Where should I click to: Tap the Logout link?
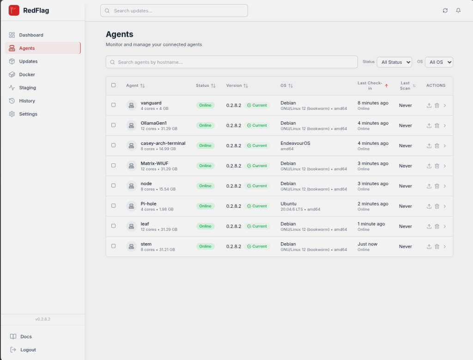23,350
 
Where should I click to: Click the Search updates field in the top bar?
174,11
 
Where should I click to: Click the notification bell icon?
458,11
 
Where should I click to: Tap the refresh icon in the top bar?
445,11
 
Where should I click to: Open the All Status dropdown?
394,62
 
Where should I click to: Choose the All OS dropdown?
439,62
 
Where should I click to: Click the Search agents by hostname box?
232,62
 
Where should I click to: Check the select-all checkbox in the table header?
114,85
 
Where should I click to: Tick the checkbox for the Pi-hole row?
114,206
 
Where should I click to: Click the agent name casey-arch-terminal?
163,143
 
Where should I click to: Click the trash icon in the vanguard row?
437,106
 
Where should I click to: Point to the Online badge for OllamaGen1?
205,126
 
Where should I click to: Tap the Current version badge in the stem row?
257,246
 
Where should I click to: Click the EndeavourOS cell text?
295,143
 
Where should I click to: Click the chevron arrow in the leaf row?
445,227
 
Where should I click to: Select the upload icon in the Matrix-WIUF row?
429,166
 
